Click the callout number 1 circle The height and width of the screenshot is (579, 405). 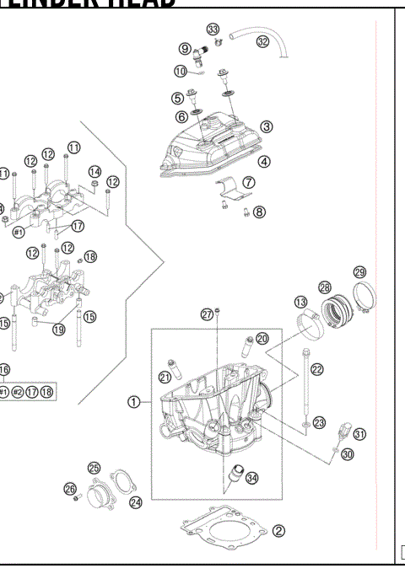(134, 401)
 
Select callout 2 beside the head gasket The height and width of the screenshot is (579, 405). (279, 531)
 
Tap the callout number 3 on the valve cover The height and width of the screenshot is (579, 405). (267, 127)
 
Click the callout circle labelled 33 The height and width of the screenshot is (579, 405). (213, 29)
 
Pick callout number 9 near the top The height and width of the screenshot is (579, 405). (184, 48)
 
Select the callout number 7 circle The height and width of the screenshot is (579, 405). (249, 182)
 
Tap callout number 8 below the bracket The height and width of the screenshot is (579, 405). (259, 212)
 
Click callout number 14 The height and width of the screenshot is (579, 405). (95, 171)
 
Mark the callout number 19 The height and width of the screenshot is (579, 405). (58, 330)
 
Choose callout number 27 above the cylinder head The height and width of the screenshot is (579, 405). (206, 315)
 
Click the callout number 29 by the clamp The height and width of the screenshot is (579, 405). (359, 272)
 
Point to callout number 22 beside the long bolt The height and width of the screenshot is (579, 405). (317, 369)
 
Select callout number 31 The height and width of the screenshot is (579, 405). (360, 434)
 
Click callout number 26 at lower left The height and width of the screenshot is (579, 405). (71, 488)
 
